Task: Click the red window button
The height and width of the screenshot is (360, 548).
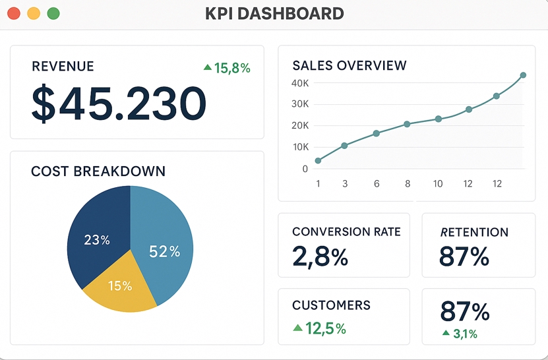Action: (x=14, y=13)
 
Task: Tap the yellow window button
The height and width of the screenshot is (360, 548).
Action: (x=34, y=13)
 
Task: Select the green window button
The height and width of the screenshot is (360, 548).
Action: (x=53, y=13)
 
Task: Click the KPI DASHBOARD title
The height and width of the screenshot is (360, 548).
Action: (x=274, y=13)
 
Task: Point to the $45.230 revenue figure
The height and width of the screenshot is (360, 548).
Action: (x=119, y=104)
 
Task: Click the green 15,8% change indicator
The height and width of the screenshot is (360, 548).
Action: (x=228, y=67)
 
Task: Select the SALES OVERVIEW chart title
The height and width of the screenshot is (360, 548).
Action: (x=350, y=65)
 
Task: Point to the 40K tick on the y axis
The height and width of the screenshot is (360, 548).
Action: (x=299, y=83)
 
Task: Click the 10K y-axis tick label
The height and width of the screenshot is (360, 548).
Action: (x=299, y=146)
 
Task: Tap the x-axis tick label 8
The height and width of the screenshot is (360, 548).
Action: (x=408, y=184)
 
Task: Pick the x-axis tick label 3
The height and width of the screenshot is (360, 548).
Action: (x=345, y=184)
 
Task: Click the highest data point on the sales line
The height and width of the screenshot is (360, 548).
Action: (x=523, y=75)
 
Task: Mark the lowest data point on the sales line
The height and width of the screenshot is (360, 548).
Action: (x=318, y=160)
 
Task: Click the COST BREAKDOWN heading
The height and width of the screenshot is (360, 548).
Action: (x=98, y=171)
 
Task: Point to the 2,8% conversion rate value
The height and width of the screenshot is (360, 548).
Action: (x=320, y=257)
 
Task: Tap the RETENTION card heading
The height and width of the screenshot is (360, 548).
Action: (x=473, y=232)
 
